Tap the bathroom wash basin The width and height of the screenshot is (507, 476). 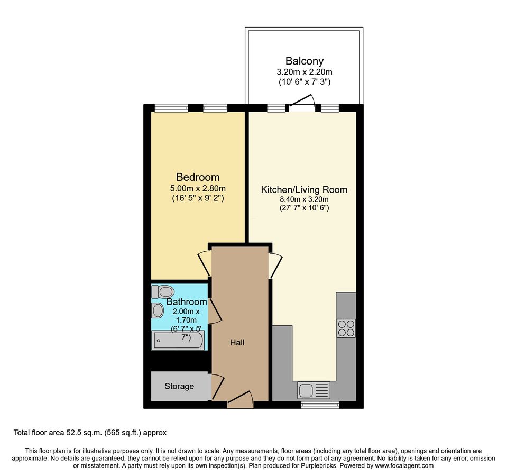pos(157,310)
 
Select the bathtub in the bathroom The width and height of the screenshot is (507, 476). pos(178,341)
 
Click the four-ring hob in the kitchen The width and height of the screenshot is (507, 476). pos(346,328)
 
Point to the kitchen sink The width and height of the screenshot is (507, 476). pos(314,390)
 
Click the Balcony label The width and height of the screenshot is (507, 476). pos(305,61)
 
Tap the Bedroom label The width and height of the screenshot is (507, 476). pos(198,177)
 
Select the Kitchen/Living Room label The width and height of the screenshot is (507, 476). pos(305,189)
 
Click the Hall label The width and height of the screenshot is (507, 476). pos(237,342)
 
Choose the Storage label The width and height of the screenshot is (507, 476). pos(179,386)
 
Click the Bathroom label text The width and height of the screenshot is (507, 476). pos(187,301)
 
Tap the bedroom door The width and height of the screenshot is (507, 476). pos(205,263)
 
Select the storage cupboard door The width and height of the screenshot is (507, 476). pos(217,387)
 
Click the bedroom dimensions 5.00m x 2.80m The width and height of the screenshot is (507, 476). pos(198,188)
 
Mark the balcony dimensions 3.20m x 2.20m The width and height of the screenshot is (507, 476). pos(305,72)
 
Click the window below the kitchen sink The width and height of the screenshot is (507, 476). pos(320,404)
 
